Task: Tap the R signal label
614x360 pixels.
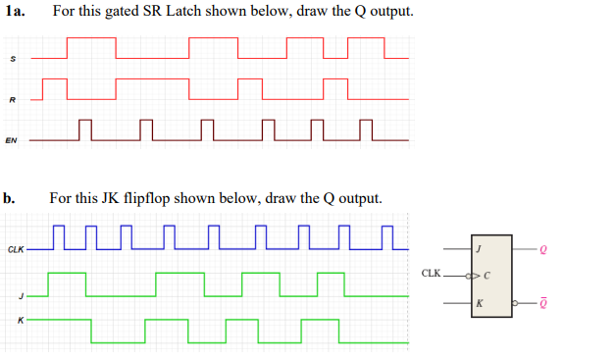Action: pyautogui.click(x=12, y=100)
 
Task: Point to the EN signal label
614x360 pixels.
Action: pyautogui.click(x=11, y=140)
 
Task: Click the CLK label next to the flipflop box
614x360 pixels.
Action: pyautogui.click(x=431, y=274)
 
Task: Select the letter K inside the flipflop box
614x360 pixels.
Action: pyautogui.click(x=478, y=303)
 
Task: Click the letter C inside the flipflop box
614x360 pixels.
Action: pyautogui.click(x=486, y=275)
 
